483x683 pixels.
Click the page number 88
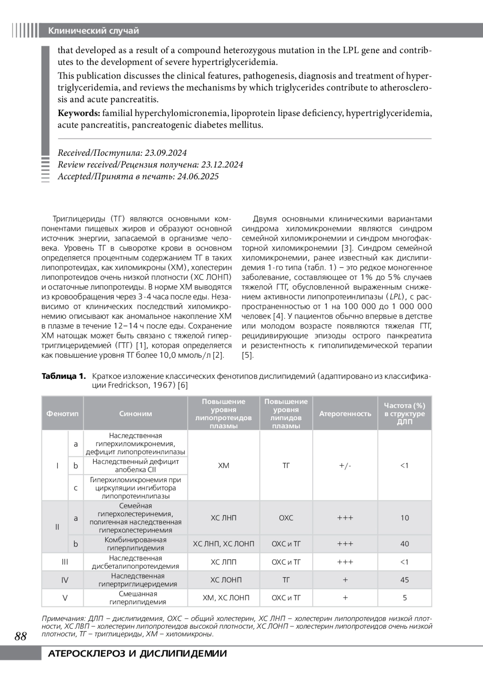(x=21, y=636)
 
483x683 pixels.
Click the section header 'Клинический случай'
(x=93, y=31)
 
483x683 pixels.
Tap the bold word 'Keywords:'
(x=79, y=113)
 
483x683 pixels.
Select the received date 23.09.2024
(x=166, y=153)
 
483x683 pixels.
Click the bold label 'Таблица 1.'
(x=64, y=376)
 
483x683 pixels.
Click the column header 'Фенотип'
(x=62, y=413)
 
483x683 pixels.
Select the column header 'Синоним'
(x=136, y=413)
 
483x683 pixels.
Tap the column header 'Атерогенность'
(x=345, y=413)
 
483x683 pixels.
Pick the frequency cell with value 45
(x=405, y=580)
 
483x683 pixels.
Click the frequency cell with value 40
(x=405, y=544)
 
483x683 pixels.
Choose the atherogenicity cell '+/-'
(x=345, y=466)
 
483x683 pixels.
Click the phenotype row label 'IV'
(x=65, y=580)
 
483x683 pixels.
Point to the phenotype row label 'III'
(x=65, y=562)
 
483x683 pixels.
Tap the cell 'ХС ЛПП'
(x=224, y=562)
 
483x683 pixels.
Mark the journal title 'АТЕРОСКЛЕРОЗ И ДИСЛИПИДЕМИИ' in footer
(x=137, y=654)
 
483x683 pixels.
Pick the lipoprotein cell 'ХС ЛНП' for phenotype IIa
(x=224, y=518)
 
